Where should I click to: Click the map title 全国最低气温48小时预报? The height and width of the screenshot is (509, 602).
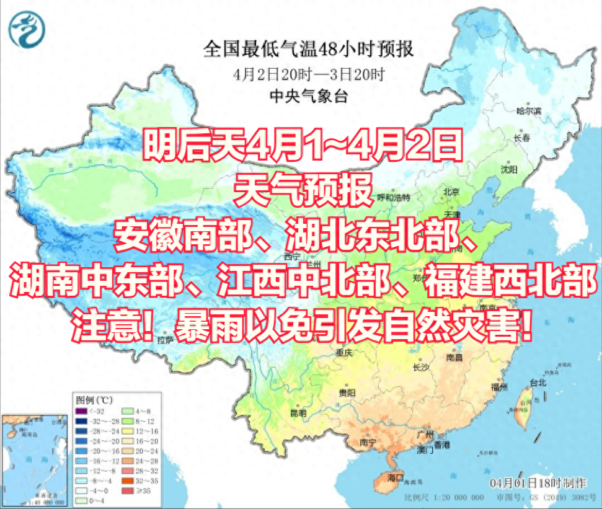click(309, 49)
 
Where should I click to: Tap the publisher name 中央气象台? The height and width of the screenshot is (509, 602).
click(309, 95)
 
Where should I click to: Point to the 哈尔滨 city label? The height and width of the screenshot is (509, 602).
click(529, 111)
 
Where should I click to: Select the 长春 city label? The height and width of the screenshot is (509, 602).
click(521, 138)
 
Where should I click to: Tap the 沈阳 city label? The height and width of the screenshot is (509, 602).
click(509, 169)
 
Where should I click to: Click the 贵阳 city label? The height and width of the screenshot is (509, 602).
click(347, 393)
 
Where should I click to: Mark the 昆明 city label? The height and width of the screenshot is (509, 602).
click(298, 412)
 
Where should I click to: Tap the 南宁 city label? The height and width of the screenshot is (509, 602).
click(368, 442)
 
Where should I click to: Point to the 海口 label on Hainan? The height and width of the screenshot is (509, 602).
click(396, 477)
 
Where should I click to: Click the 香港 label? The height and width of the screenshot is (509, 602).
click(441, 445)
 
